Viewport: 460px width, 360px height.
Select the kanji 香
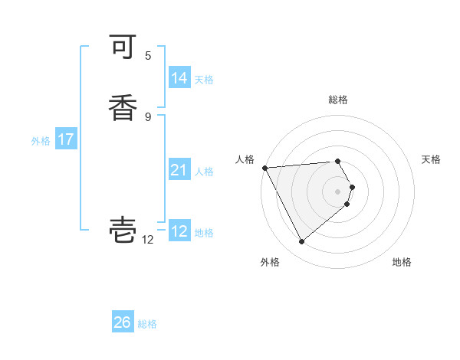pyautogui.click(x=123, y=107)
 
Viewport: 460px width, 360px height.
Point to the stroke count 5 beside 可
pyautogui.click(x=148, y=56)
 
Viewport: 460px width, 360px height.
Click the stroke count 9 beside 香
pyautogui.click(x=148, y=116)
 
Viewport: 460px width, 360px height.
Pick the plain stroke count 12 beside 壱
pyautogui.click(x=148, y=240)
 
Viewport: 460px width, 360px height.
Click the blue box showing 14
pyautogui.click(x=179, y=78)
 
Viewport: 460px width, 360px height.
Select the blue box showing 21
pyautogui.click(x=179, y=170)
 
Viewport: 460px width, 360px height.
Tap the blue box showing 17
pyautogui.click(x=65, y=139)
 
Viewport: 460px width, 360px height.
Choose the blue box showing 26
pyautogui.click(x=122, y=322)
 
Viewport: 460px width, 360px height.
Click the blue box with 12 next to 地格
pyautogui.click(x=179, y=231)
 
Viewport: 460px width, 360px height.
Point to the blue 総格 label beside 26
pyautogui.click(x=147, y=324)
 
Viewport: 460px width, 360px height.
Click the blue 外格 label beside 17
pyautogui.click(x=41, y=141)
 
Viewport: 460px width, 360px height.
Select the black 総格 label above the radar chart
pyautogui.click(x=338, y=100)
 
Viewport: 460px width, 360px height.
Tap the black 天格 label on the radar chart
pyautogui.click(x=431, y=159)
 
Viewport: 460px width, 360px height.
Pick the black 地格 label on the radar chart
pyautogui.click(x=402, y=262)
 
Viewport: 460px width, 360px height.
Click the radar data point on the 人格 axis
pyautogui.click(x=264, y=167)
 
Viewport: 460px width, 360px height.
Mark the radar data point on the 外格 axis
pyautogui.click(x=301, y=242)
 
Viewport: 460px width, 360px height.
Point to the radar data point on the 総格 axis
pyautogui.click(x=338, y=162)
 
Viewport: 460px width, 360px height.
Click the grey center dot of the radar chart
pyautogui.click(x=338, y=191)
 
